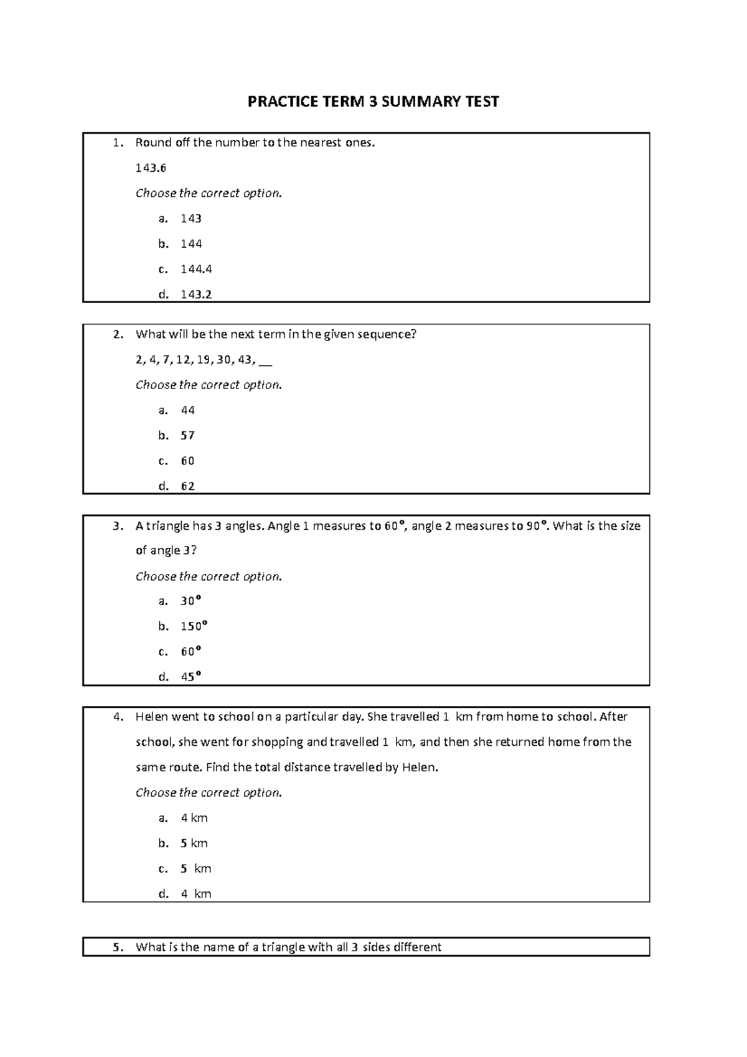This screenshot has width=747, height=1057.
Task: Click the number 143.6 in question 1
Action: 151,168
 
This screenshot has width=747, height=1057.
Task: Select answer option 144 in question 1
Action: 191,244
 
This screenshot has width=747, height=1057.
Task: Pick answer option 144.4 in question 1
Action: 196,270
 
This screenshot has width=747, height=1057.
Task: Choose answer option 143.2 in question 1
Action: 196,294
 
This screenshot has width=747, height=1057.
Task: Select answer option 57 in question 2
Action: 187,436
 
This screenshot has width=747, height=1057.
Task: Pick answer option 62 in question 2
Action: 187,486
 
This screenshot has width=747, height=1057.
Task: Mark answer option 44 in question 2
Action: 187,410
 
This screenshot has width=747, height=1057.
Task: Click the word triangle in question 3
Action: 167,526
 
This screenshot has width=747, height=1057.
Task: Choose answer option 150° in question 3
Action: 194,626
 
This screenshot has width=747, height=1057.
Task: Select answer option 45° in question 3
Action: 190,677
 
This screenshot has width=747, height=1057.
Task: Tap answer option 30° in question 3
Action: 190,601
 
